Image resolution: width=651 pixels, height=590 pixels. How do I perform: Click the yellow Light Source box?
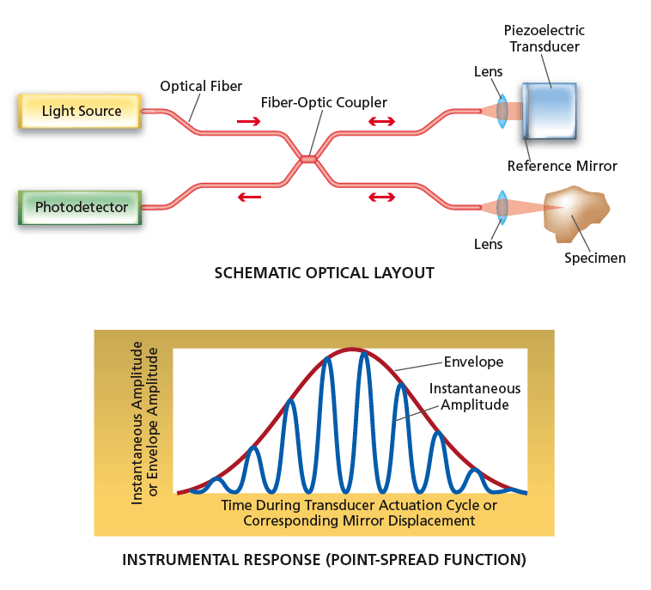point(80,111)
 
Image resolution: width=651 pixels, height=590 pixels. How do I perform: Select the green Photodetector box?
point(80,207)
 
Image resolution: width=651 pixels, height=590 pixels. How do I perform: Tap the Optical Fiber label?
point(201,87)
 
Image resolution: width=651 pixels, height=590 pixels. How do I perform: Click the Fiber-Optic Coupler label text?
point(324,102)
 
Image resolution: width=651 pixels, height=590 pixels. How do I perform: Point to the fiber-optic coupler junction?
point(308,159)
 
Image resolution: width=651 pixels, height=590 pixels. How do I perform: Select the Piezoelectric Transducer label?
point(545,38)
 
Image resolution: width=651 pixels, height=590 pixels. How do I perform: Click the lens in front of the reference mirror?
point(502,111)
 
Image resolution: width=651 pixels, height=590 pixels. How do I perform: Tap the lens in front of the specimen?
point(502,208)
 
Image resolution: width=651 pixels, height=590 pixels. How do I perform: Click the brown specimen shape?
point(576,213)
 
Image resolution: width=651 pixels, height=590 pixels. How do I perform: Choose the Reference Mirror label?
point(563,166)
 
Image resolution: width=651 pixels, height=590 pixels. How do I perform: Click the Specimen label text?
point(594,258)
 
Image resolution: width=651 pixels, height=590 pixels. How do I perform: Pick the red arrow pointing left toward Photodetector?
point(249,197)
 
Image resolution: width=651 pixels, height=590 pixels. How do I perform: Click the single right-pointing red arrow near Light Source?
point(249,121)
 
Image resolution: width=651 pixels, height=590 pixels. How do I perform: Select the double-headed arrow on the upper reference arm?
point(381,121)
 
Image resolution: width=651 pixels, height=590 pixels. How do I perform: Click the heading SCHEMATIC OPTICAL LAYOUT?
point(325,273)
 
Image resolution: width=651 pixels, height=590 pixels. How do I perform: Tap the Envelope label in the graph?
point(474,362)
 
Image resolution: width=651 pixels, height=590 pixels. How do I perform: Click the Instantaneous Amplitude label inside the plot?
point(475,397)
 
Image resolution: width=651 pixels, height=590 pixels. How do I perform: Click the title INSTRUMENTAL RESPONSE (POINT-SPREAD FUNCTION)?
point(325,560)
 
